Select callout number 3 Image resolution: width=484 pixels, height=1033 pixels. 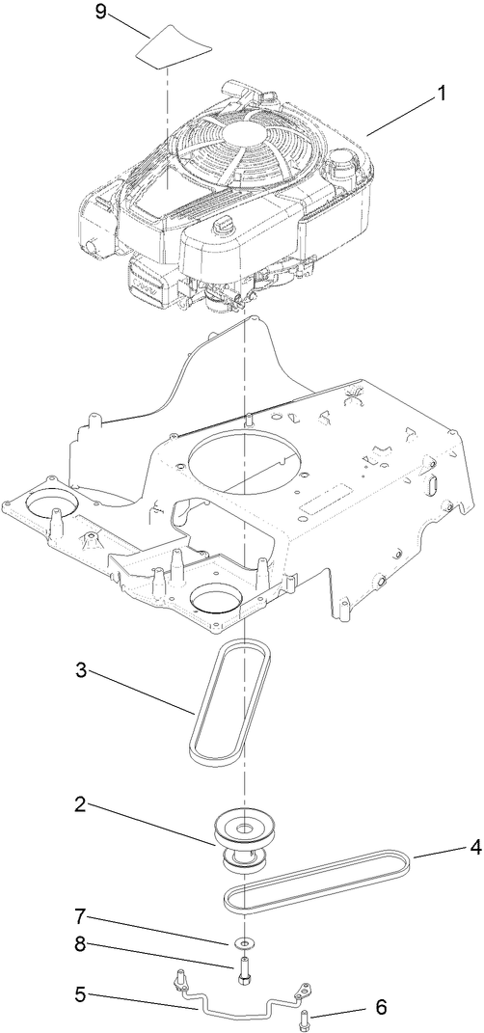(x=84, y=671)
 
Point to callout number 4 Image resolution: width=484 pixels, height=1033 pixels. (x=448, y=850)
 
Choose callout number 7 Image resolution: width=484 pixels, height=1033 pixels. (x=84, y=913)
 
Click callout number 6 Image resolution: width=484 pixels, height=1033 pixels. (x=380, y=1007)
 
